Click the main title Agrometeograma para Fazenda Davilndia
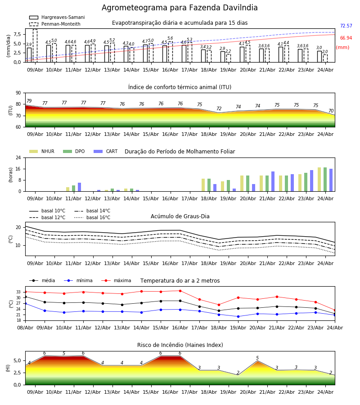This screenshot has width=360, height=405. tap(180, 8)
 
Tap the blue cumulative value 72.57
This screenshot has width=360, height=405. tap(346, 26)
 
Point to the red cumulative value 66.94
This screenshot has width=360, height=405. tap(346, 38)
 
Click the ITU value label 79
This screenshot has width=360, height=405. tap(29, 101)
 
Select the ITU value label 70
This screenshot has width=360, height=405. tap(331, 111)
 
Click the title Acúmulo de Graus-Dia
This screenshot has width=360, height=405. tap(180, 216)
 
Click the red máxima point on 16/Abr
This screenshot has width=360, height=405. tap(180, 291)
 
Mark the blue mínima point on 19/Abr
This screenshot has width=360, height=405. tap(238, 316)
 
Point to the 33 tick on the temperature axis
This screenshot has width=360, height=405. tap(18, 292)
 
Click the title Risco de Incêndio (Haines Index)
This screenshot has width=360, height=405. tap(180, 345)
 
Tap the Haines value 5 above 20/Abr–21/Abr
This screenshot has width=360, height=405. tap(257, 358)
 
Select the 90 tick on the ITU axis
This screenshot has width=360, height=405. tap(18, 93)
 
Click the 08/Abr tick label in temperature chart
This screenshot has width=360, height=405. tap(25, 327)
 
